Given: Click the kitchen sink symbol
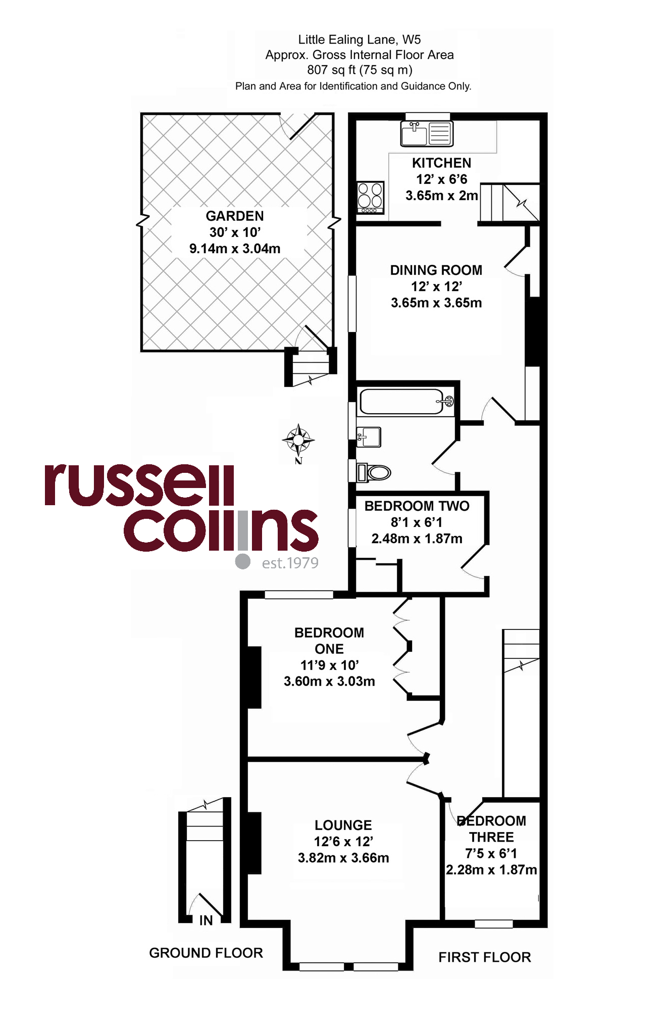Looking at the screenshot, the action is coord(427,134).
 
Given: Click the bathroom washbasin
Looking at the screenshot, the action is coord(369,437).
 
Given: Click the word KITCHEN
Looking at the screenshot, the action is coord(441,163).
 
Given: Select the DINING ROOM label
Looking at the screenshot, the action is coord(436,270).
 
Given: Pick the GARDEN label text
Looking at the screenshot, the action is coord(235,216).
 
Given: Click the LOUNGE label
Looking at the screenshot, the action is coord(343,825).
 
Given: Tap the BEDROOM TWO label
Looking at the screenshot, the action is coord(417,506).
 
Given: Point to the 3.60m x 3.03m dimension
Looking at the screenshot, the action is coord(329,681).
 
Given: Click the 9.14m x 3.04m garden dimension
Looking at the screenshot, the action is coord(235,249).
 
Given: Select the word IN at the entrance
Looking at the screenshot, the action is coord(206,920).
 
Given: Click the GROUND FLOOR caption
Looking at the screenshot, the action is coord(206,953).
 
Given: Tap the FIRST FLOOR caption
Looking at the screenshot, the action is coord(485,957).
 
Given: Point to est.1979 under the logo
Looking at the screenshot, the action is coord(290,563).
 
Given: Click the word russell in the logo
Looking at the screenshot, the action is coord(139,485).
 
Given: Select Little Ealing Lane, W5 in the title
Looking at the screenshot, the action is coord(360,39).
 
